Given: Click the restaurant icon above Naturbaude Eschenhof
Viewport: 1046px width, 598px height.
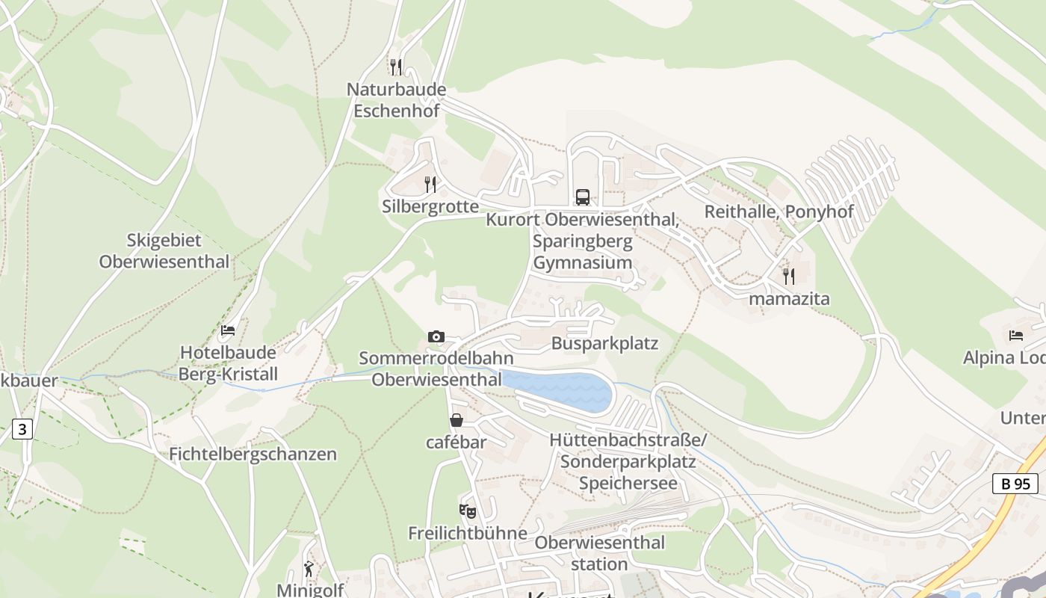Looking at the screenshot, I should [396, 67].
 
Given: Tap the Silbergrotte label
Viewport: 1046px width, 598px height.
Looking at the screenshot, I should [430, 206].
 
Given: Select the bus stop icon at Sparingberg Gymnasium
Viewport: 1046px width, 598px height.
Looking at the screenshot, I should [583, 197].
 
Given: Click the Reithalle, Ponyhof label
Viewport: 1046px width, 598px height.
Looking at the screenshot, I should [779, 212].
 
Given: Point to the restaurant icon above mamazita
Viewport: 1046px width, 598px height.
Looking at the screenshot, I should [788, 277].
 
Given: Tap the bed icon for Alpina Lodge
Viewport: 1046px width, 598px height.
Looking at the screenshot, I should [1015, 335].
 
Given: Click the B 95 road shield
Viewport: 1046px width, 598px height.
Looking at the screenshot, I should [1015, 484].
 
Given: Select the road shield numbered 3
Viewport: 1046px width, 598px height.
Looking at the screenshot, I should [23, 429].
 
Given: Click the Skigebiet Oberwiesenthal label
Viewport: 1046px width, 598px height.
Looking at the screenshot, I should [164, 251].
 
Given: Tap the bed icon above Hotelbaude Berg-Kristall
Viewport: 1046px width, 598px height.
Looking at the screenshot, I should [228, 330].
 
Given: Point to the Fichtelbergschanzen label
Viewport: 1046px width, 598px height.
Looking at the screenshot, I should [253, 454].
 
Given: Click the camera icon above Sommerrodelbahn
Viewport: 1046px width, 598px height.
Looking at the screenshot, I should [436, 336].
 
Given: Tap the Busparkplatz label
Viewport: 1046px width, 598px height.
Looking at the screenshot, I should [604, 343].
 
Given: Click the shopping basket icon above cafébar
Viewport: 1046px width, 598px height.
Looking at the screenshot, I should [456, 421].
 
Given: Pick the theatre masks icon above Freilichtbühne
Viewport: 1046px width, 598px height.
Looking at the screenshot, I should [467, 511].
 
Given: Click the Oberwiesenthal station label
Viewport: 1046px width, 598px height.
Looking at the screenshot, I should [599, 552].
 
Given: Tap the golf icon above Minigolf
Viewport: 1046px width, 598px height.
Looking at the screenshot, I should [309, 569].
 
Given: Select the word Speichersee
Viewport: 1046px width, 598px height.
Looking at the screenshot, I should [628, 483].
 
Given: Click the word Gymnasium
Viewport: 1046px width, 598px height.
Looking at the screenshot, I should [583, 262].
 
